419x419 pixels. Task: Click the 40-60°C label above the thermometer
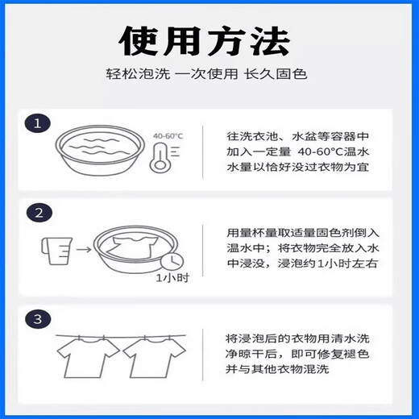[165, 136]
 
